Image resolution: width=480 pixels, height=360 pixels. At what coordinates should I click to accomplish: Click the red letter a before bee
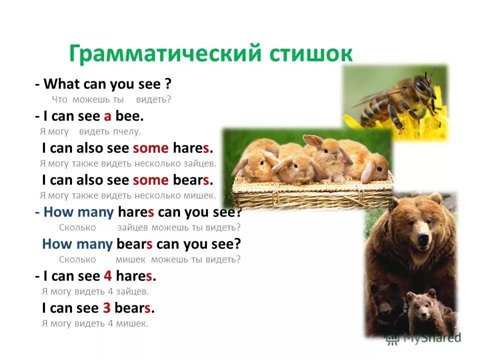pyautogui.click(x=107, y=116)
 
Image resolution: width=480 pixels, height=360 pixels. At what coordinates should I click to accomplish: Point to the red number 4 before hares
pyautogui.click(x=107, y=276)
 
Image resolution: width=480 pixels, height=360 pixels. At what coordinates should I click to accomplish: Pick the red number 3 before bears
pyautogui.click(x=106, y=308)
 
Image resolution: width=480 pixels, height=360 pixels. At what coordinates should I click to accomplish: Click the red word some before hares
pyautogui.click(x=150, y=148)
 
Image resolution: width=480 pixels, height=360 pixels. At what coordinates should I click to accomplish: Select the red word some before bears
pyautogui.click(x=150, y=180)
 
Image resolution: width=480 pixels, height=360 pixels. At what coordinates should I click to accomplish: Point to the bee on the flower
pyautogui.click(x=400, y=97)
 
